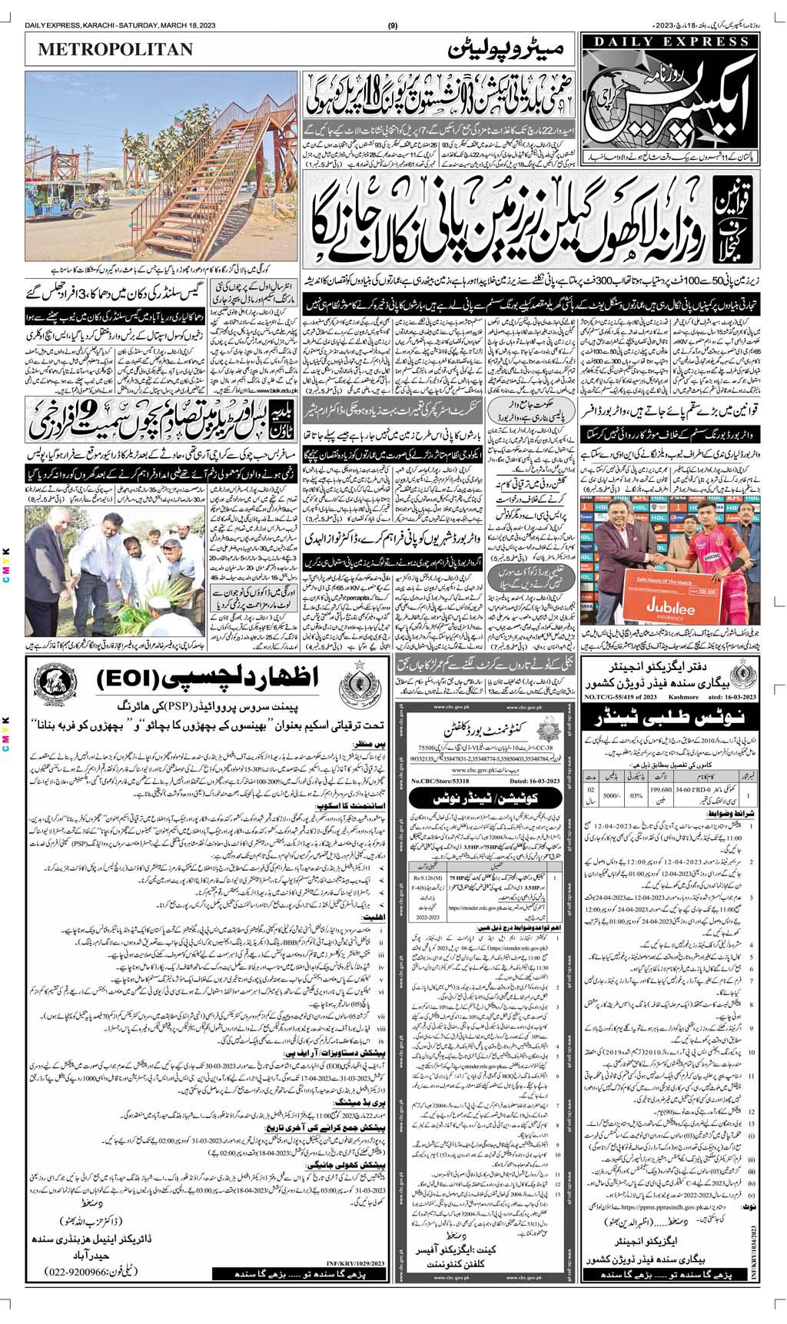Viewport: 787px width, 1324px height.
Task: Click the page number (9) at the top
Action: [x=393, y=8]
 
